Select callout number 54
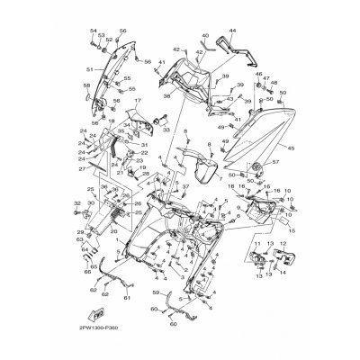92,31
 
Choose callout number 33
165,130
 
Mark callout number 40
205,36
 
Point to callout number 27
82,167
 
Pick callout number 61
127,297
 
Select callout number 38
166,94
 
